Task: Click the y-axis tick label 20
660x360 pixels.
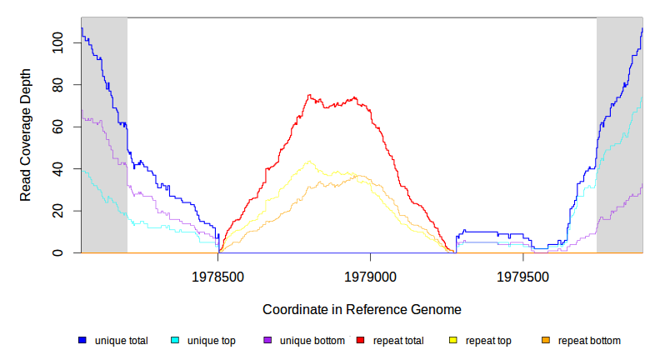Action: coord(57,211)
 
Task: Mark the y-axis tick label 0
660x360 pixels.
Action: coord(57,252)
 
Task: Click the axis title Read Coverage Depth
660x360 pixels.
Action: coord(26,135)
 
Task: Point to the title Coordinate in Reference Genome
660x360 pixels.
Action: coord(362,309)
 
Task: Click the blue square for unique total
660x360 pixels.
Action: coord(82,341)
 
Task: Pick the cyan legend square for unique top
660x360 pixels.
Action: coord(175,341)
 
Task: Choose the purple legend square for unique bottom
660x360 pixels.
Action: coord(267,341)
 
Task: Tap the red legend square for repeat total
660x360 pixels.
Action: coord(360,341)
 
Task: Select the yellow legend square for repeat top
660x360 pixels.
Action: coord(452,341)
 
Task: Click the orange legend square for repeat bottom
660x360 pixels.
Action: coord(546,341)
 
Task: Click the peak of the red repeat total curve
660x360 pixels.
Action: coord(308,95)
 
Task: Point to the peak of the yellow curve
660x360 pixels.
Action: coord(310,161)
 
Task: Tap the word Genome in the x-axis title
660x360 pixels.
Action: coord(437,309)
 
